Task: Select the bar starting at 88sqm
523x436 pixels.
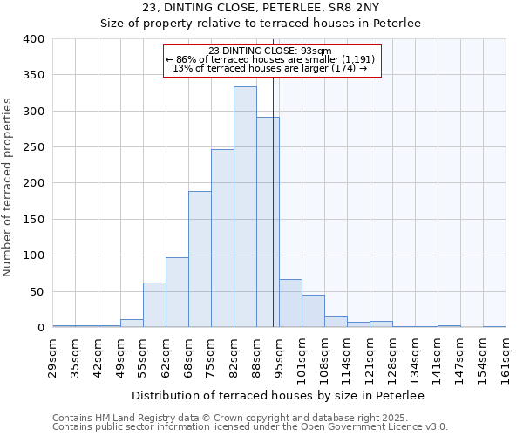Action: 268,222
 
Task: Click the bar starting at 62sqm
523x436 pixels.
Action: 177,292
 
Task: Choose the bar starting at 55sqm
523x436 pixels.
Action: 154,305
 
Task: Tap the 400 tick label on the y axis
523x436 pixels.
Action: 33,39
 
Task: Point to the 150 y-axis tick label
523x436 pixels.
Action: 33,220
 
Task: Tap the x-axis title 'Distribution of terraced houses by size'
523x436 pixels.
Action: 278,396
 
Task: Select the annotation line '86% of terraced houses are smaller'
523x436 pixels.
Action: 272,59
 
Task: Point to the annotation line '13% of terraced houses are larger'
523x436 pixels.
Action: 271,68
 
